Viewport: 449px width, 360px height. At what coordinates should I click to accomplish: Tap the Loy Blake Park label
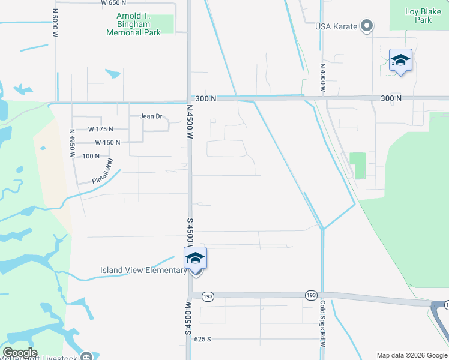point(418,16)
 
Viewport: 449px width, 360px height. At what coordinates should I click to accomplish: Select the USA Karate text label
point(337,26)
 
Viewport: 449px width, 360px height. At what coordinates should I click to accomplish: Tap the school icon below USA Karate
point(400,61)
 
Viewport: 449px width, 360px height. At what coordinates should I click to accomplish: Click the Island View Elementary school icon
point(195,259)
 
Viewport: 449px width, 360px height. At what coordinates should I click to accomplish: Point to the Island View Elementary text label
point(143,271)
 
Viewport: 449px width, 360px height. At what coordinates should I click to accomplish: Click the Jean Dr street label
point(151,116)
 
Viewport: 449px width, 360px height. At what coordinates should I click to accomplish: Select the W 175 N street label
point(100,129)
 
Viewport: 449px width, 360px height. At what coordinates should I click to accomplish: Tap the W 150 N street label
point(107,142)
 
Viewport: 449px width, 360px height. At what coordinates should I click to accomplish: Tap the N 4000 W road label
point(322,77)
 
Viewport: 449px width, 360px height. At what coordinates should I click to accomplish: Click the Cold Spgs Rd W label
point(322,324)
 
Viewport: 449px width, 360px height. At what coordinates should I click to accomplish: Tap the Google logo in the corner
point(20,353)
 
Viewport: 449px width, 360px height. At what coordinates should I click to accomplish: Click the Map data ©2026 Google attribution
point(411,355)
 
